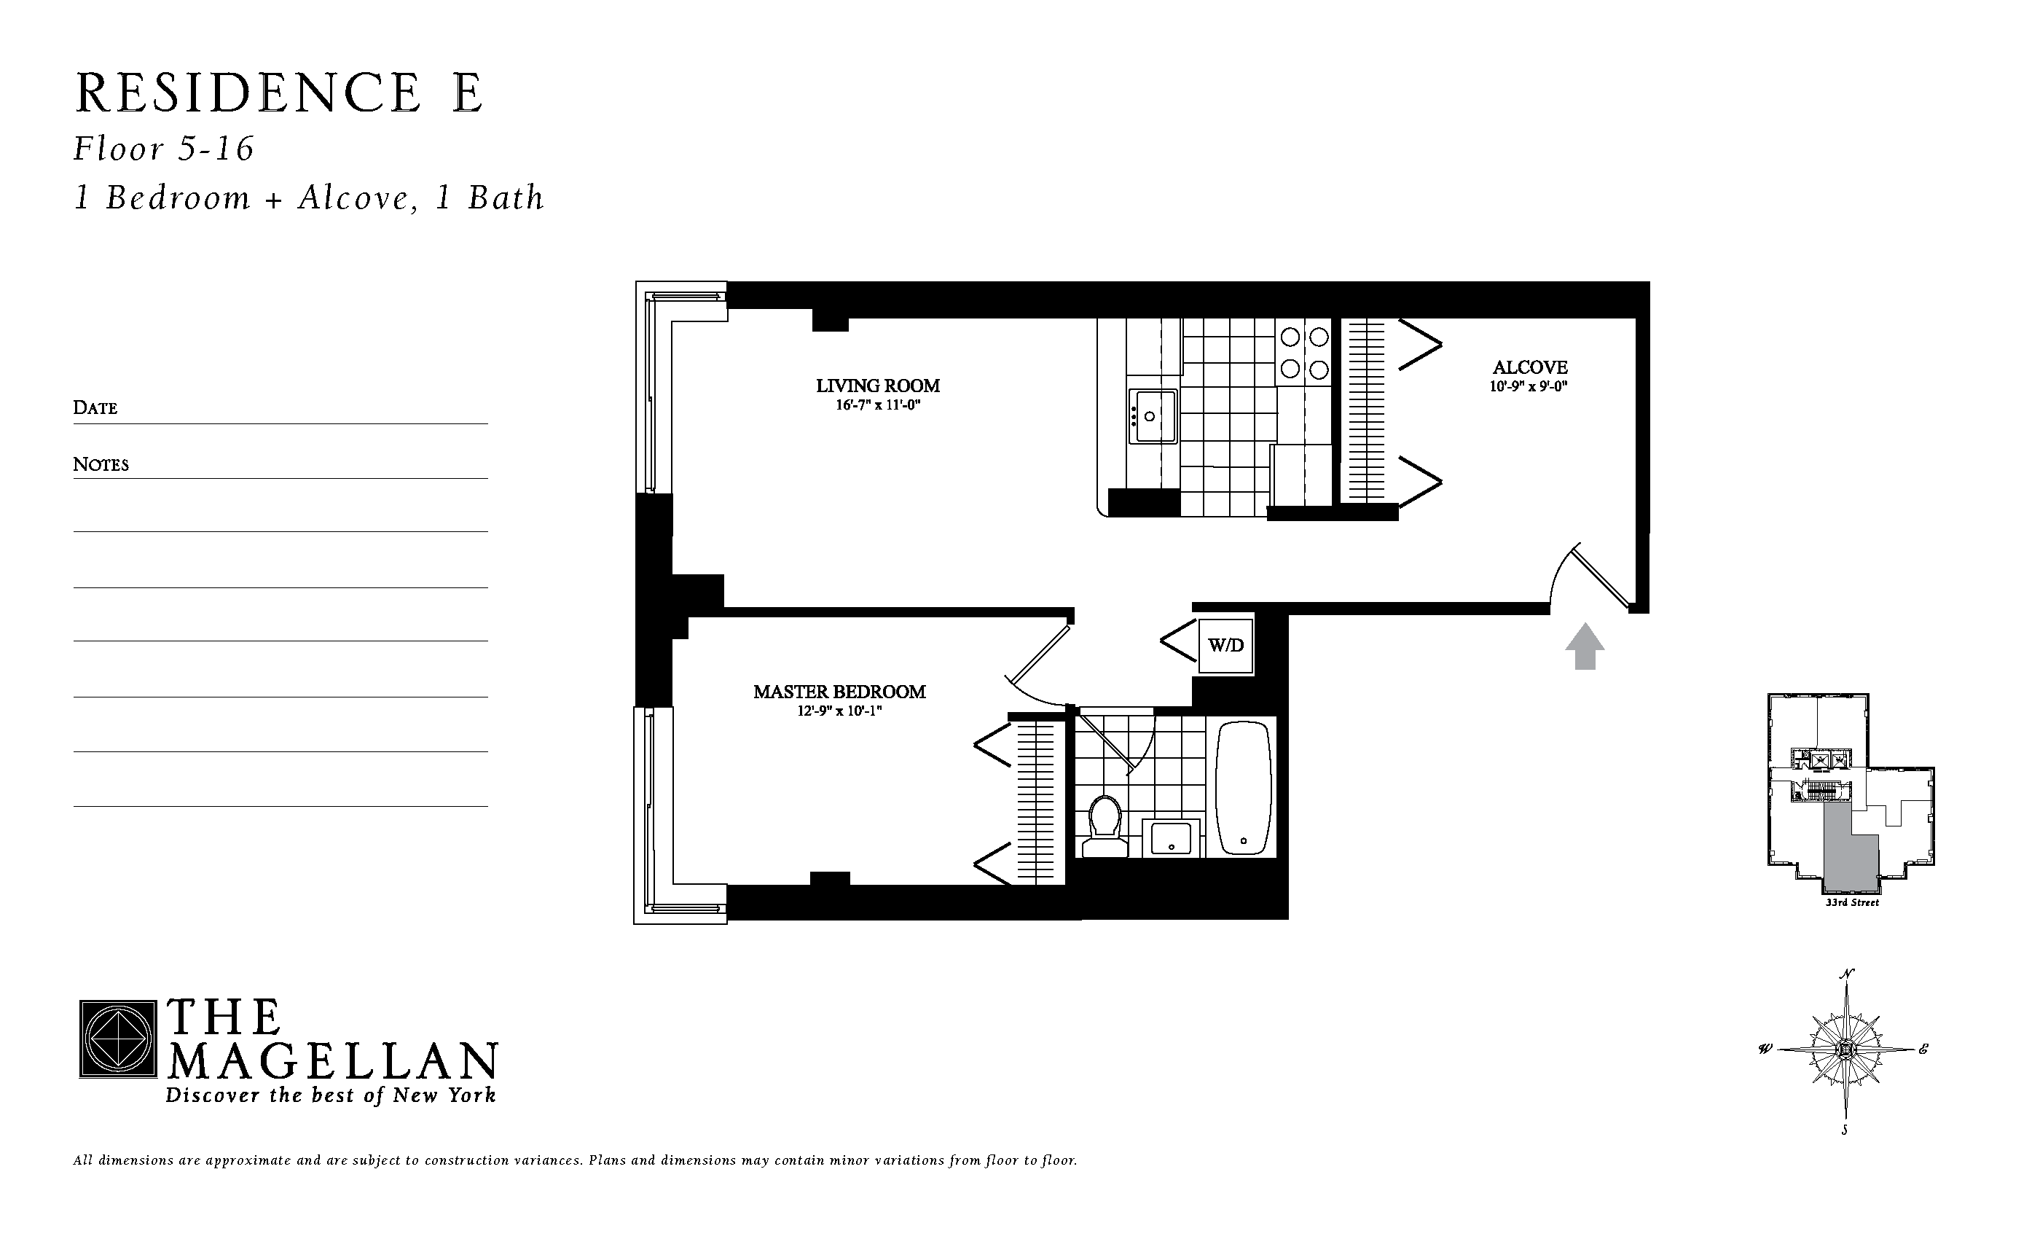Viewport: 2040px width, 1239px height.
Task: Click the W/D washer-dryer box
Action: coord(1225,645)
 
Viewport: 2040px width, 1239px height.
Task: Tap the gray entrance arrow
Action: coord(1585,646)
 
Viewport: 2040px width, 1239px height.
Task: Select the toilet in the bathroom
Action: coord(1105,826)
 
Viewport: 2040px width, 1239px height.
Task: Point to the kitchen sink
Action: coord(1153,417)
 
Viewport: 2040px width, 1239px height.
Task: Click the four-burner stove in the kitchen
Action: coord(1304,353)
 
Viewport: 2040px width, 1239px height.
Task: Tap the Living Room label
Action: coord(878,386)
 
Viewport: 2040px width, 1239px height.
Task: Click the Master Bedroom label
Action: coord(839,692)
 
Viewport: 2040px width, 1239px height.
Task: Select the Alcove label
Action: coord(1530,367)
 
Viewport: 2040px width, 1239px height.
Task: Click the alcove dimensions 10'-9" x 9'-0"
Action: coord(1529,387)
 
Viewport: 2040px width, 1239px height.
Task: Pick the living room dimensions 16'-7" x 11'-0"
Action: coord(878,406)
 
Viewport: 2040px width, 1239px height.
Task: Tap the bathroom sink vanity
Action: coord(1171,839)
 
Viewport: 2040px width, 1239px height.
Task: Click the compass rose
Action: coord(1845,1050)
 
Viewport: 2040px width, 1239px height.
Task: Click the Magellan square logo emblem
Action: coord(117,1039)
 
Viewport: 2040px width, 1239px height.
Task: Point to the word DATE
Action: coord(95,407)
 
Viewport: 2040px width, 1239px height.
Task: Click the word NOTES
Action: coord(101,465)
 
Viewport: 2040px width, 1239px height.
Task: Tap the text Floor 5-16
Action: coord(164,149)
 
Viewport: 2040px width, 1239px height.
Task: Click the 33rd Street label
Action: coord(1852,903)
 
